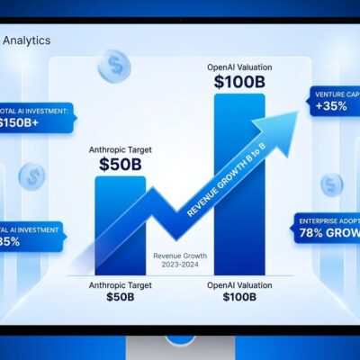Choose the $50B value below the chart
[121, 297]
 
